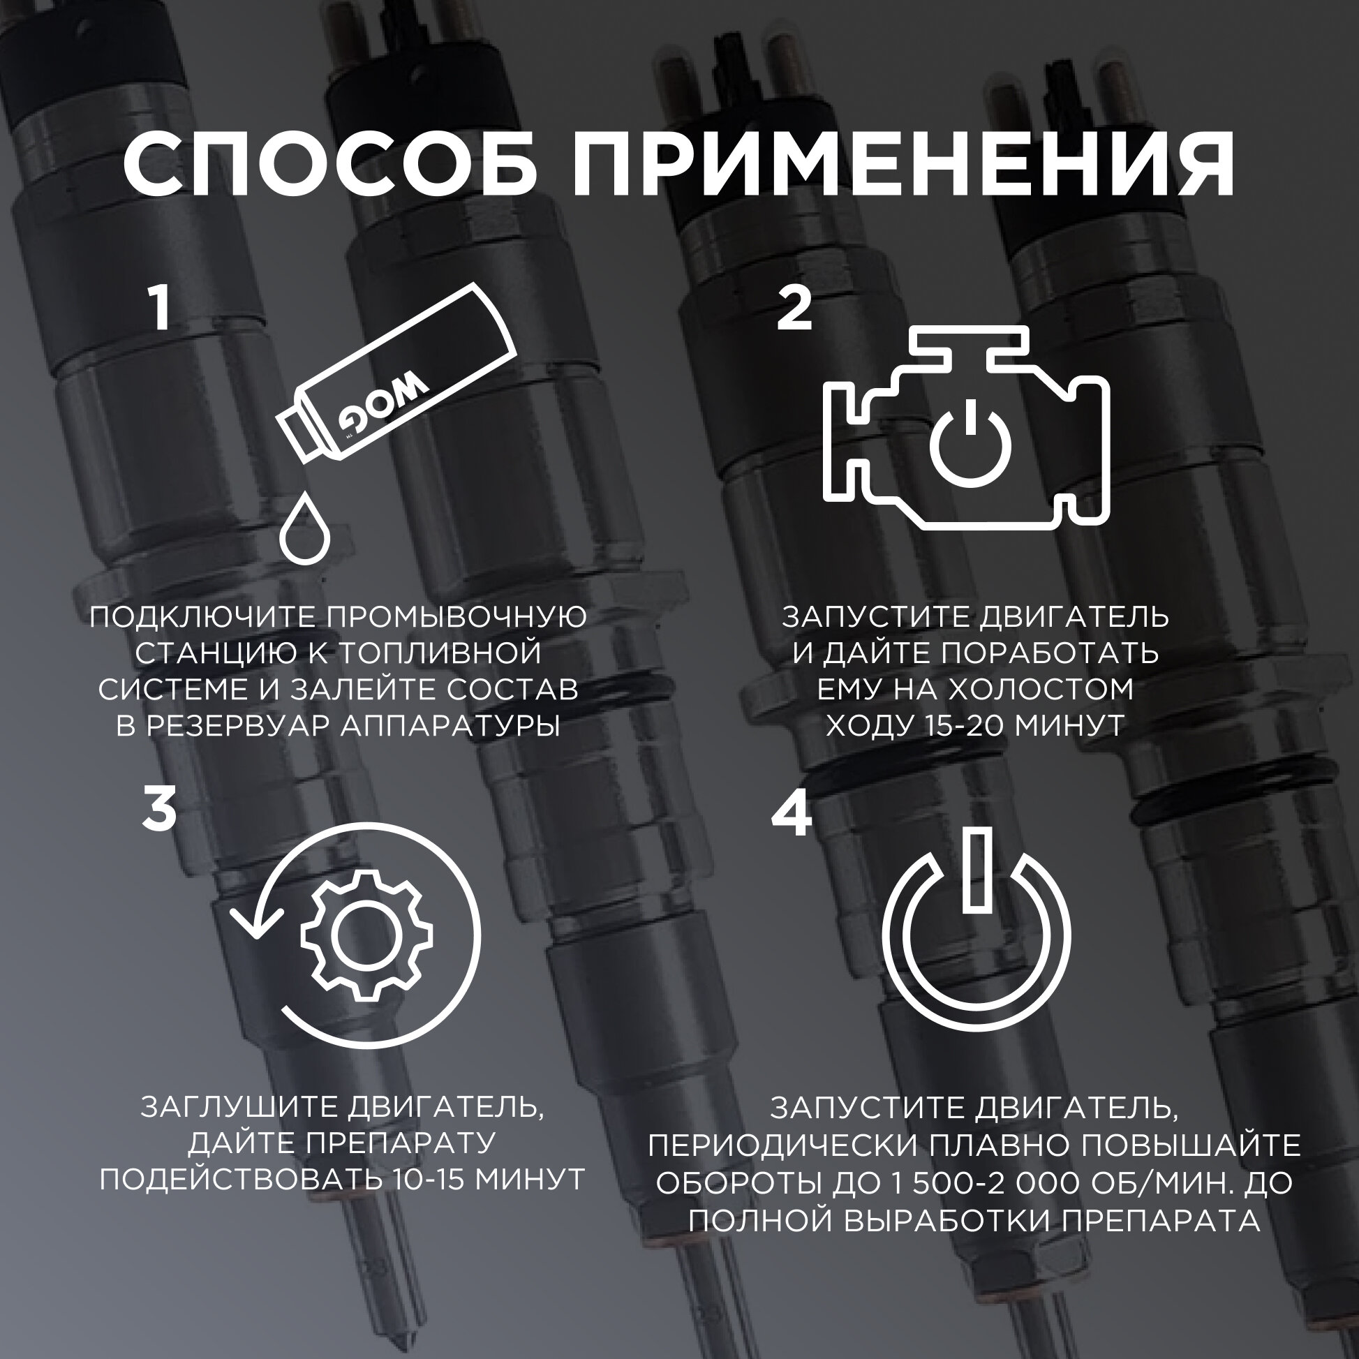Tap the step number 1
pyautogui.click(x=161, y=308)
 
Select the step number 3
pyautogui.click(x=159, y=809)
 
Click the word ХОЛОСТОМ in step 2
pyautogui.click(x=1040, y=690)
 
